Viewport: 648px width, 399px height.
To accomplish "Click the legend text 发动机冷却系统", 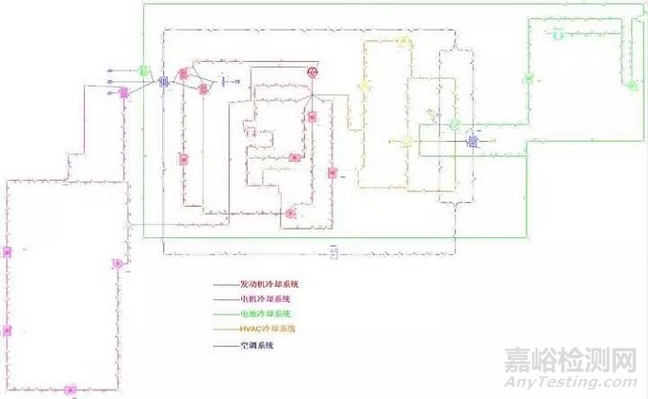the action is [x=271, y=284].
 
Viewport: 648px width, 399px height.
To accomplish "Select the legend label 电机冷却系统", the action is [x=266, y=298].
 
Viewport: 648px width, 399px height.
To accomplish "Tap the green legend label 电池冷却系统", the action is [x=266, y=313].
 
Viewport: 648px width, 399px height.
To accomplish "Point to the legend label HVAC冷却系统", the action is [x=268, y=329].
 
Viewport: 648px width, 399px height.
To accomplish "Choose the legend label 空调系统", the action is [x=256, y=345].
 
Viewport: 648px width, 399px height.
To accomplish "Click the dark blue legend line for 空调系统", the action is [x=225, y=345].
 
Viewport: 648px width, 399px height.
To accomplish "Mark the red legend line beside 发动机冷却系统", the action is [x=225, y=284].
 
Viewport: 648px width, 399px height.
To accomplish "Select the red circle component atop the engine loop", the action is [x=311, y=72].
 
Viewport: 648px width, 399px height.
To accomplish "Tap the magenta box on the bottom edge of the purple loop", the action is [x=69, y=389].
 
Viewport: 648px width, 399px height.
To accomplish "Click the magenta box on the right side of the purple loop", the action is [x=118, y=264].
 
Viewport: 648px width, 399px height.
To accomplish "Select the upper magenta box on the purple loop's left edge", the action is [x=7, y=251].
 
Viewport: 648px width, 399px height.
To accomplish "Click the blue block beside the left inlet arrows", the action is [x=163, y=82].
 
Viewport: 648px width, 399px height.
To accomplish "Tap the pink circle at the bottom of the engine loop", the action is [x=290, y=213].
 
